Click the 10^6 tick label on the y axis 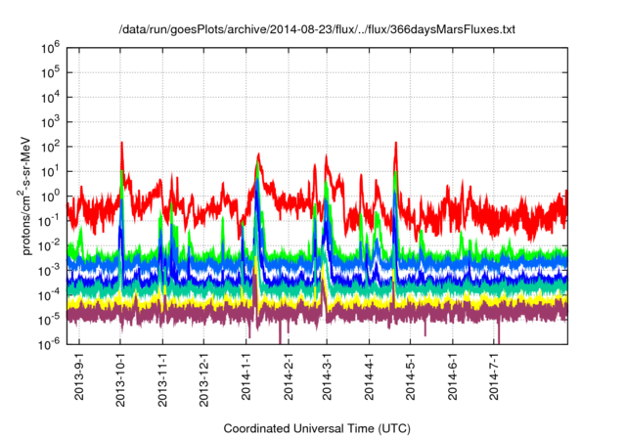pyautogui.click(x=50, y=46)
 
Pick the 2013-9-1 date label pyautogui.click(x=79, y=375)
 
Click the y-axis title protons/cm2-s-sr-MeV pyautogui.click(x=29, y=195)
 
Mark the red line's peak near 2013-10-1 pyautogui.click(x=121, y=143)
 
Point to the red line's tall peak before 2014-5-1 pyautogui.click(x=396, y=143)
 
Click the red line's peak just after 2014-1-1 pyautogui.click(x=258, y=154)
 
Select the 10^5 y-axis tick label pyautogui.click(x=50, y=71)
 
